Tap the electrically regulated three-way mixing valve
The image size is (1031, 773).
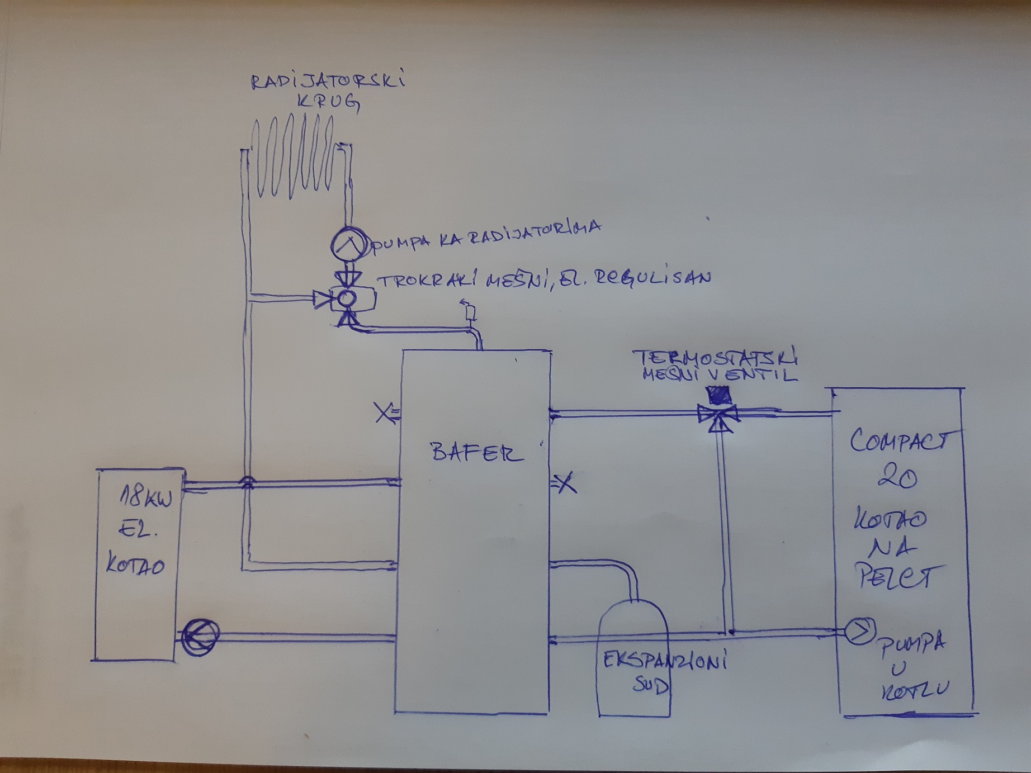click(347, 299)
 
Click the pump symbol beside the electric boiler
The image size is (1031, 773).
click(200, 636)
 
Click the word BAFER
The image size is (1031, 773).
click(476, 452)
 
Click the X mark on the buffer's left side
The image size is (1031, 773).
click(384, 413)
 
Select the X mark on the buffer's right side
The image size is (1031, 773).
click(566, 482)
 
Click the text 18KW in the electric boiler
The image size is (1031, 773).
click(147, 496)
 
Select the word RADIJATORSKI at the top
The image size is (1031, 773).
click(328, 80)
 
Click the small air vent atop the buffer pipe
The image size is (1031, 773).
click(470, 310)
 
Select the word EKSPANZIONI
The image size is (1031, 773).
click(664, 662)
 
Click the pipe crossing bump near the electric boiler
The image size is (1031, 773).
click(246, 481)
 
